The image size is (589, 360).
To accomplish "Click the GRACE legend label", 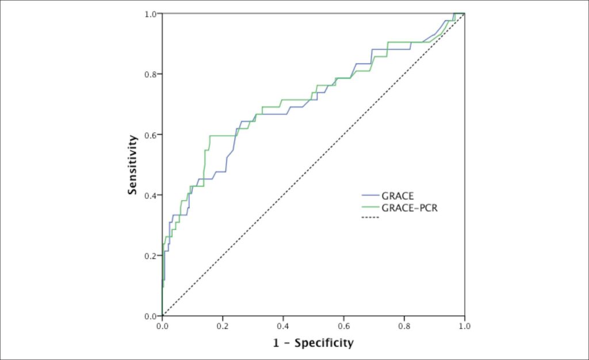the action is (x=397, y=196).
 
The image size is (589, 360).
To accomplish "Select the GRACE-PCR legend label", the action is (x=410, y=208).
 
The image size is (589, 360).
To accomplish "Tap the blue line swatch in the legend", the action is (x=370, y=196).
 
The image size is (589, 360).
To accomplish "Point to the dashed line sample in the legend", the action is (x=370, y=218).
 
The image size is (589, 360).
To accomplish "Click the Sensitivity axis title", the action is (x=132, y=165).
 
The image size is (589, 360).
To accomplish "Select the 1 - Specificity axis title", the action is (x=313, y=343).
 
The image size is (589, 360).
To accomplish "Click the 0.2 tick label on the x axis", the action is (x=223, y=326).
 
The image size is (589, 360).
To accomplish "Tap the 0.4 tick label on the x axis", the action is (x=283, y=326).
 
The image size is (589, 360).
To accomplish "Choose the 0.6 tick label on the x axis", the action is (x=344, y=326).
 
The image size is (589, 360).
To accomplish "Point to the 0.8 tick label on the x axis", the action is (x=404, y=326).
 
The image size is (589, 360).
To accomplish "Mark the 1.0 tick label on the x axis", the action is (x=465, y=326).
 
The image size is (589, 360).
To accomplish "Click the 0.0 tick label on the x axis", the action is (x=162, y=326).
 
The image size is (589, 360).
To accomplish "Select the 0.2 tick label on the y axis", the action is (x=150, y=256).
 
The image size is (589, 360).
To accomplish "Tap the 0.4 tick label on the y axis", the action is (x=150, y=195).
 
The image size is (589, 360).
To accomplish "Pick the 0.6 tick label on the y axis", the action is (x=150, y=135).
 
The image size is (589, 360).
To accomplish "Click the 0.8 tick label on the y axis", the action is (x=150, y=74).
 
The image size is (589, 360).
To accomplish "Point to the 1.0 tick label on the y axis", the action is (x=150, y=14).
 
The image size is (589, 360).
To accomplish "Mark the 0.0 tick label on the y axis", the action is (x=150, y=316).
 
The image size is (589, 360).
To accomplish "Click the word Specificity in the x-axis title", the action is (x=324, y=343).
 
